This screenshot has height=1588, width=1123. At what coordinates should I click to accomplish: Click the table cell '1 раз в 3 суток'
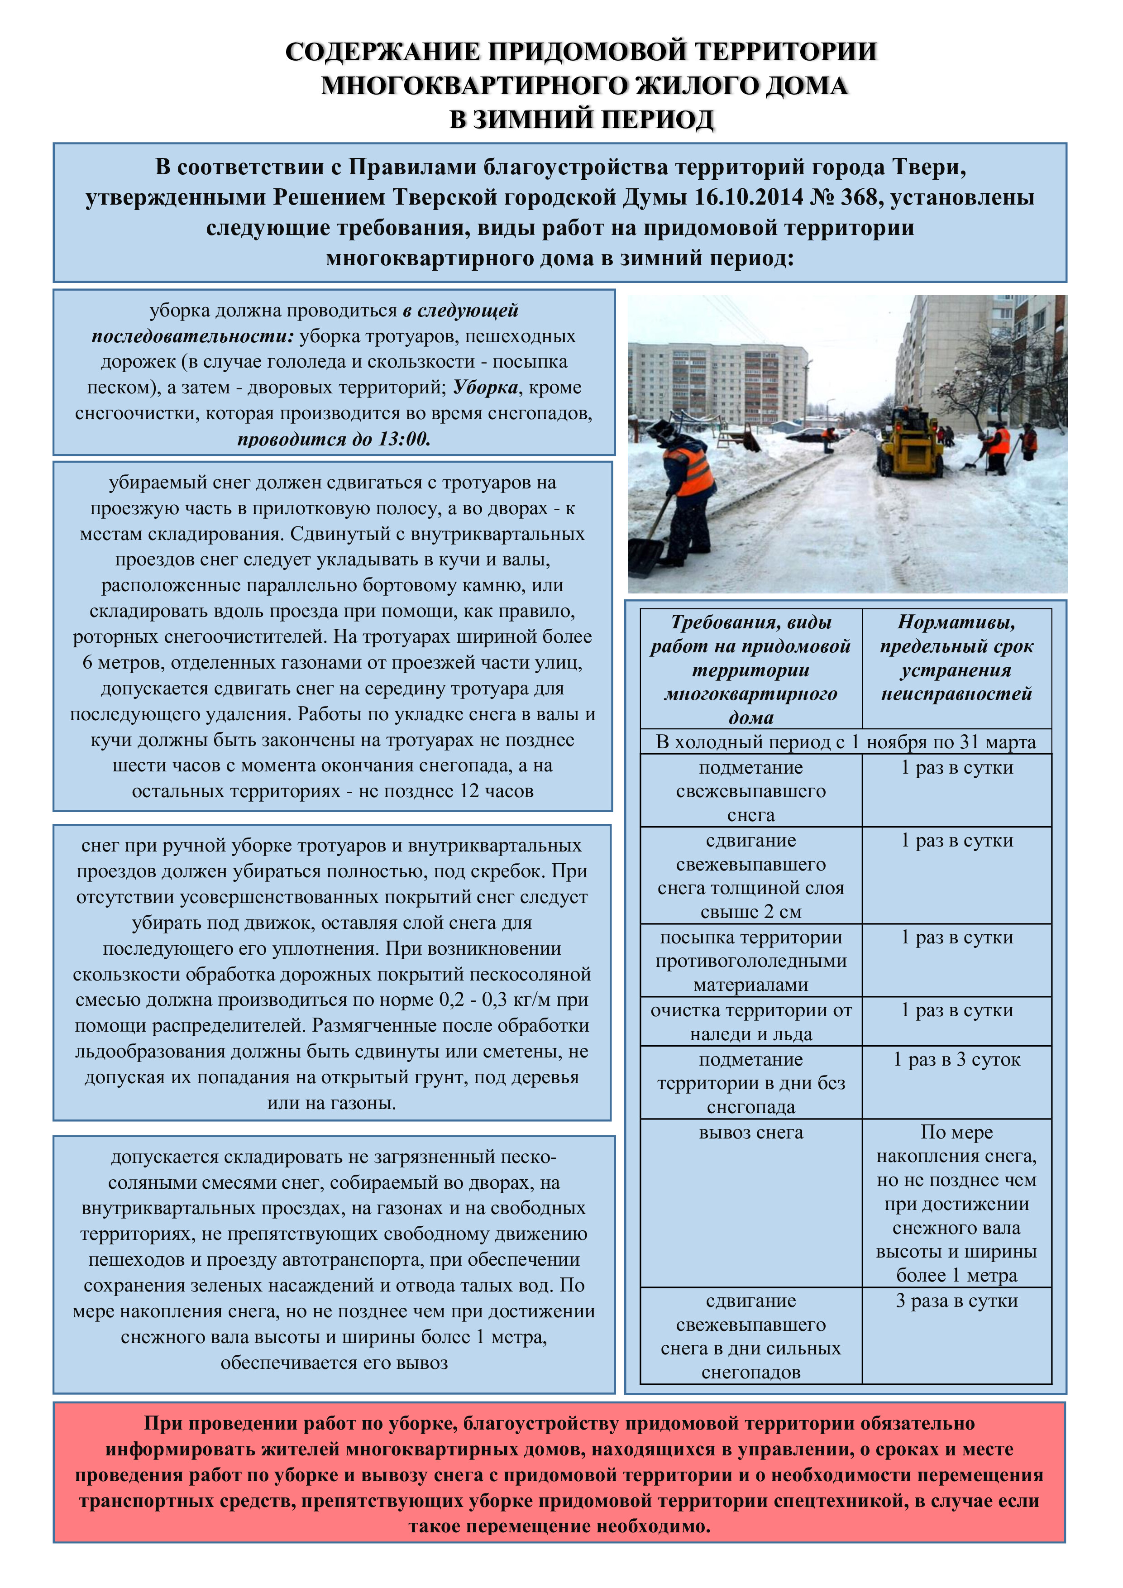coord(956,1060)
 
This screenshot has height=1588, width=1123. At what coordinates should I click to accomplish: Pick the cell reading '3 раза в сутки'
coord(956,1301)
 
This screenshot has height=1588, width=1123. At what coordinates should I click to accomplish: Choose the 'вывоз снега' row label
coord(751,1133)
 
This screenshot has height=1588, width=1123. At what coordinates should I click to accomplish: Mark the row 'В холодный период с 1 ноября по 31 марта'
coord(846,742)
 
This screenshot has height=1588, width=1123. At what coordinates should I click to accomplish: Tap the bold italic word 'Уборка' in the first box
coord(485,387)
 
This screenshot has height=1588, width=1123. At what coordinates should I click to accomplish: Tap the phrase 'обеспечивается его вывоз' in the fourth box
coord(334,1363)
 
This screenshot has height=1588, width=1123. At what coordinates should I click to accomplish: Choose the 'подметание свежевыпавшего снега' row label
coord(751,791)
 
